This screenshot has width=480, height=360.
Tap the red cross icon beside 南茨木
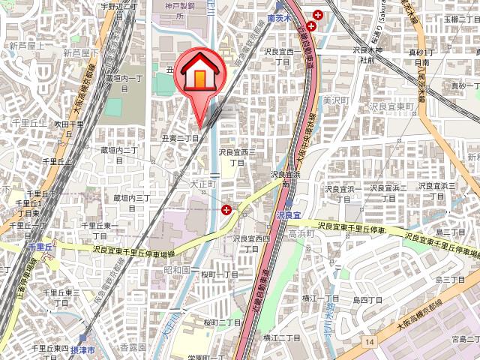coord(310,25)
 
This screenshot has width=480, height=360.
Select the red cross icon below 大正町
coord(226,211)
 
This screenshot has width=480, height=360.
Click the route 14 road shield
coord(370,342)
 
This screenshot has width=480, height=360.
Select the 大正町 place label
coord(203,182)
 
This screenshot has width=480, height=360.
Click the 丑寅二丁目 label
coord(181,138)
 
